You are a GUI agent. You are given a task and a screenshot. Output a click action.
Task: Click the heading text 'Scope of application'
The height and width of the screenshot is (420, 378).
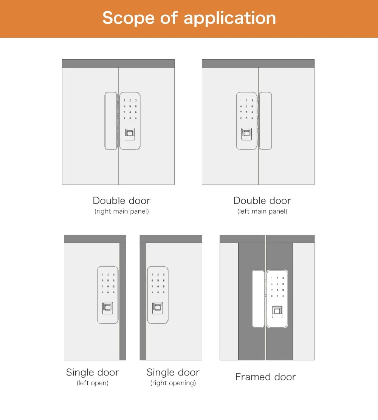(x=189, y=18)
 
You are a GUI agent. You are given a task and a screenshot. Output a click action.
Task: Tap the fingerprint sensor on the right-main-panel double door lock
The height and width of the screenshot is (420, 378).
(x=130, y=134)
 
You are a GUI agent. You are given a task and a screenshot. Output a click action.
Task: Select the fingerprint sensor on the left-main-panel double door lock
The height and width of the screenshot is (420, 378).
(x=246, y=134)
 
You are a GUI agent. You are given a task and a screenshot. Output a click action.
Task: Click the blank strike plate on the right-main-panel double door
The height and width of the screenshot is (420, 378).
(x=111, y=121)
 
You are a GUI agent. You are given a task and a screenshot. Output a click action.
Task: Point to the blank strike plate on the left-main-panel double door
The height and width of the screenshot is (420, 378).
(x=265, y=121)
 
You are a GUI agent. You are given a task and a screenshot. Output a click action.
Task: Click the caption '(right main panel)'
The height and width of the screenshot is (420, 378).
(x=122, y=211)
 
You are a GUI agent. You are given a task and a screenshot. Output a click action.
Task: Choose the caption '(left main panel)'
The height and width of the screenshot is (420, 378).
(x=262, y=211)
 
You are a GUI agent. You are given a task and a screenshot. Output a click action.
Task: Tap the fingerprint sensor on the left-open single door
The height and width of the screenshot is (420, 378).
(x=108, y=308)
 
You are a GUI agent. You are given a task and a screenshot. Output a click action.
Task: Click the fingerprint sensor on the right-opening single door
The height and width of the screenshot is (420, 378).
(x=158, y=308)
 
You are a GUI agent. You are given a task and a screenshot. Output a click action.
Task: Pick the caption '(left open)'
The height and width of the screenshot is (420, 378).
(x=93, y=383)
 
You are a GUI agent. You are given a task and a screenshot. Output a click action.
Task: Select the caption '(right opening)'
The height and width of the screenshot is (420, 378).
(x=173, y=383)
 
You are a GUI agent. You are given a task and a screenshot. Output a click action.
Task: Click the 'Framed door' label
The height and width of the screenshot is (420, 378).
(x=266, y=377)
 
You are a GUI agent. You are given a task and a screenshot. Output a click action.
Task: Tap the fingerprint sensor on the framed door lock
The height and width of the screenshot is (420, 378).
(x=277, y=312)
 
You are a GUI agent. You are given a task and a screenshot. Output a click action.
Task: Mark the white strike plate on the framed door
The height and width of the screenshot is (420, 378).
(x=259, y=298)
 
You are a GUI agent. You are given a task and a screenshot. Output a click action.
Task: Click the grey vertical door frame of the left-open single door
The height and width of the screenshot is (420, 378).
(x=123, y=302)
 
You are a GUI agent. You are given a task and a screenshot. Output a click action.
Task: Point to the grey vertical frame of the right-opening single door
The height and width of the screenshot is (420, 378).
(x=143, y=302)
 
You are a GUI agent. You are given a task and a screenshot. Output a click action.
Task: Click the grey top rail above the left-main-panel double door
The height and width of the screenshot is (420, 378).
(x=258, y=63)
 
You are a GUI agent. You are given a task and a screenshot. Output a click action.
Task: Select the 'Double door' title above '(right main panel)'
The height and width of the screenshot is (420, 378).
(x=122, y=201)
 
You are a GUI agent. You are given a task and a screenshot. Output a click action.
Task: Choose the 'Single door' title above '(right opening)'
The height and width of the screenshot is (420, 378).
(x=173, y=372)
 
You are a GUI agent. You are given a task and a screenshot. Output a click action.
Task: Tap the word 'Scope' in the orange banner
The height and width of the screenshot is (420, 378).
(x=129, y=18)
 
